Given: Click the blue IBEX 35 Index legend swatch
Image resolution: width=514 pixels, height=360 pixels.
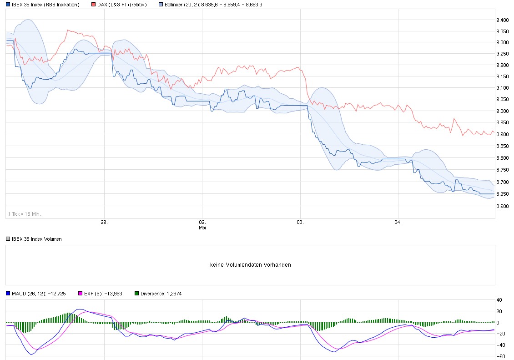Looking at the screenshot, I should [8, 5].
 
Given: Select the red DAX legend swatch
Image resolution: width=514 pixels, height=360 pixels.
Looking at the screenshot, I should [93, 5].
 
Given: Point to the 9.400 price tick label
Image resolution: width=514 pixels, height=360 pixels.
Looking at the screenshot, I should [503, 20].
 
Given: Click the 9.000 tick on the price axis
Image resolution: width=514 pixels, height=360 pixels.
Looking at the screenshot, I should [503, 111].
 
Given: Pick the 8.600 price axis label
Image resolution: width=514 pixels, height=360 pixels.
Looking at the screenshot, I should [503, 206].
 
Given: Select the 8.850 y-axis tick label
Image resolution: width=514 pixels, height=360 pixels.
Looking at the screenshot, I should [503, 147].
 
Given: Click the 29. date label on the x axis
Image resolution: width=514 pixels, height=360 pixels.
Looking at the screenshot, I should [104, 223].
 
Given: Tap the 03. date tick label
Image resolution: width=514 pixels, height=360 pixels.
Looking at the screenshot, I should [300, 223].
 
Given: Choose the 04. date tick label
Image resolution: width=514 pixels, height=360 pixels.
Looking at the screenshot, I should [398, 223].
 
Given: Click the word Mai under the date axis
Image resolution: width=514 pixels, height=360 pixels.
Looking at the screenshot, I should [202, 227].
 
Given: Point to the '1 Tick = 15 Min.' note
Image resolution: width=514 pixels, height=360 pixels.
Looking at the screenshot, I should [24, 213].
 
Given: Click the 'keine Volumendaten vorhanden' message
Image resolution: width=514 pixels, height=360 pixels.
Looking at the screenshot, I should [251, 265].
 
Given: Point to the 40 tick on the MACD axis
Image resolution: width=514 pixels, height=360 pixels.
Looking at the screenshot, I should [499, 300].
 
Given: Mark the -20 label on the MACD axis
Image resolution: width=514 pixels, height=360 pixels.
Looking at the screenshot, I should [500, 334].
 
